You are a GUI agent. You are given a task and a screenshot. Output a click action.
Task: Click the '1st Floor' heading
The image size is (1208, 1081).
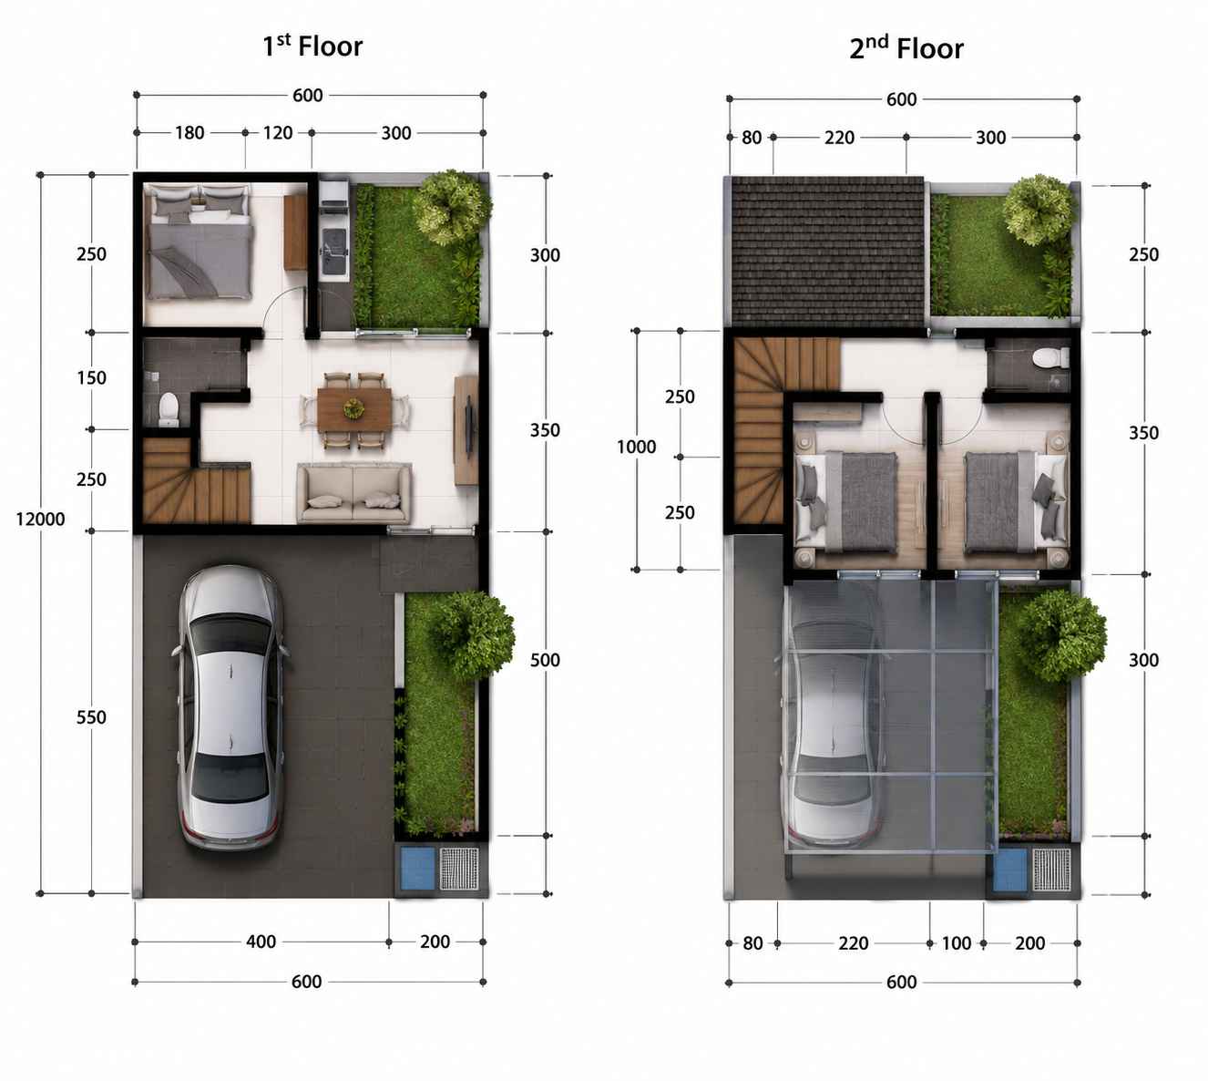(x=312, y=46)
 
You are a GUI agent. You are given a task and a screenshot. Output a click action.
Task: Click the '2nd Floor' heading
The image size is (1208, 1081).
(x=906, y=47)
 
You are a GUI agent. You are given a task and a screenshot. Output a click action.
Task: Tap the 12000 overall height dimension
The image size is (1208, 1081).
(x=41, y=519)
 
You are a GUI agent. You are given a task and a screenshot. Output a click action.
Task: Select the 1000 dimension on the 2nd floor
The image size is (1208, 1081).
(x=636, y=447)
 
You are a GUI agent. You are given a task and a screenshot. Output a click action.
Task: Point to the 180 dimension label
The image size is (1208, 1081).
(x=189, y=132)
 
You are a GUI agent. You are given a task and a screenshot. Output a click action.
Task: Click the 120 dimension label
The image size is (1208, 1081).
(x=278, y=132)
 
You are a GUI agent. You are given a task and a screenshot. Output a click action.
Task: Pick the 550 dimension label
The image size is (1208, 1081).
(x=91, y=716)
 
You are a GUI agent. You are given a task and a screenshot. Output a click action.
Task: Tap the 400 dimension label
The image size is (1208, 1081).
(x=261, y=942)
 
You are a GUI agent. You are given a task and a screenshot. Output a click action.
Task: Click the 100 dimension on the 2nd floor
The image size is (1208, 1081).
(x=957, y=943)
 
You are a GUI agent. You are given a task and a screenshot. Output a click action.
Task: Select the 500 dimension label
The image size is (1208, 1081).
(x=545, y=660)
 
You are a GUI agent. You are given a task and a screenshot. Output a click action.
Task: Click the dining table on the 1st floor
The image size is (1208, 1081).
(x=354, y=409)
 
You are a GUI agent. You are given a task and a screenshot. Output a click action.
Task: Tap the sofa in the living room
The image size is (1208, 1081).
(x=353, y=493)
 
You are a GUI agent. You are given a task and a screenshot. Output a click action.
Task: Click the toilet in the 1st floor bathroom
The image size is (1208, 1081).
(x=169, y=408)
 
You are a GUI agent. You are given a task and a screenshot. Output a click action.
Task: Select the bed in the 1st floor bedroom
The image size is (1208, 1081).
(x=200, y=241)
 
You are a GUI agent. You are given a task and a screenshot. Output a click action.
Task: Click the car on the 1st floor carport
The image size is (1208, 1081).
(x=230, y=707)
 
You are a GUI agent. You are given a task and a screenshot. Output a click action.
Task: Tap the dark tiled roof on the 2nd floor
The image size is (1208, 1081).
(x=827, y=252)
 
